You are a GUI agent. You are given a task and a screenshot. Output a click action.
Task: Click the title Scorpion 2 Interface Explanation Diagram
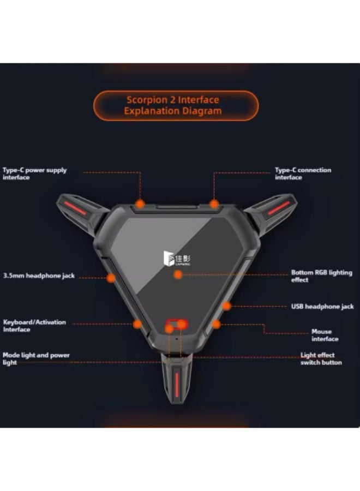(173, 105)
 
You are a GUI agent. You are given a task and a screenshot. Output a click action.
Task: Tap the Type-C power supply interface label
(35, 173)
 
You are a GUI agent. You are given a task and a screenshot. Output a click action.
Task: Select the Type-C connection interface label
(303, 173)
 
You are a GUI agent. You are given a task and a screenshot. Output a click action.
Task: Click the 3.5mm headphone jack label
(39, 276)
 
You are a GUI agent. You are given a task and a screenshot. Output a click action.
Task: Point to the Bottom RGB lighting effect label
(321, 276)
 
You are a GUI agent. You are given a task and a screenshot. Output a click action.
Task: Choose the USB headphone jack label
(322, 306)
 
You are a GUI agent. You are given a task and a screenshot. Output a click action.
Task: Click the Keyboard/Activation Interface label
(34, 326)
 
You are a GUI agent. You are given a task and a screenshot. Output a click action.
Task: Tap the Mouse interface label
(325, 335)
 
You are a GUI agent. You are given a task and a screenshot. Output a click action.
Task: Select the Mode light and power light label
(36, 358)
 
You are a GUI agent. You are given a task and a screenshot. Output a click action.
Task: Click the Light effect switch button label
(321, 358)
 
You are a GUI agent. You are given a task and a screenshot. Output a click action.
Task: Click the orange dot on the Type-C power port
(140, 204)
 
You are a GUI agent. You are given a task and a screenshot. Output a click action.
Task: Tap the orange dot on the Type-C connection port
(214, 204)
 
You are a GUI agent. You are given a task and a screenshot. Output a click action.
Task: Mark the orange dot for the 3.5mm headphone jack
(111, 278)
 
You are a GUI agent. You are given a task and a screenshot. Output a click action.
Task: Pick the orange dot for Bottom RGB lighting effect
(178, 274)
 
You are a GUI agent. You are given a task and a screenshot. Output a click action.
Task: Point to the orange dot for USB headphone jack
(226, 306)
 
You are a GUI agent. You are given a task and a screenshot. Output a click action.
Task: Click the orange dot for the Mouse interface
(216, 324)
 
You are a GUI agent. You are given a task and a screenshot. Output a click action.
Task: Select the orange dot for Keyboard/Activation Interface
(137, 324)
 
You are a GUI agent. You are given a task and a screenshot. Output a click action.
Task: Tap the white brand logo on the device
(177, 259)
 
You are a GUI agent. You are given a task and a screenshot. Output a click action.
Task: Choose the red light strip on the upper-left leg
(75, 208)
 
